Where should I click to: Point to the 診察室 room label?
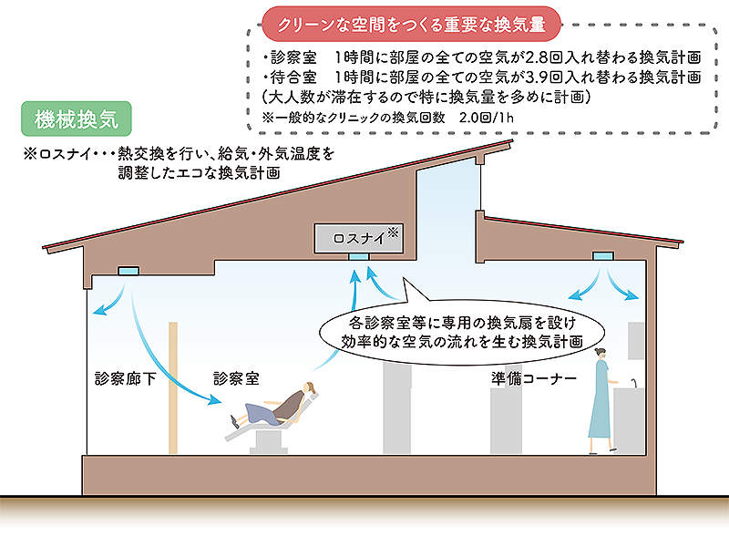[238, 377]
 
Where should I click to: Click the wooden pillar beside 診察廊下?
[172, 387]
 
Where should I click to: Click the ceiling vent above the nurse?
[602, 259]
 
